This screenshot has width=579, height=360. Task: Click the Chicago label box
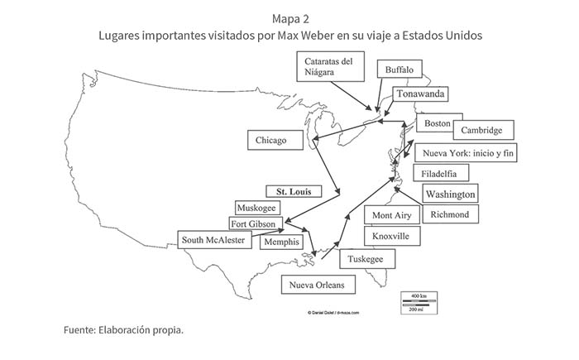[x=271, y=140]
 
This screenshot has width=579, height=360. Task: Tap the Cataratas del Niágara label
[x=329, y=66]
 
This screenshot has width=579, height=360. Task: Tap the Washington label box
[x=450, y=194]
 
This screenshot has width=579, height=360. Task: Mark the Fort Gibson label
[x=256, y=223]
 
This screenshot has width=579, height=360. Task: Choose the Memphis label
[x=281, y=242]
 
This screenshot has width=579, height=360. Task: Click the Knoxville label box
[x=390, y=236]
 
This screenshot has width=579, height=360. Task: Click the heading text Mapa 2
[x=289, y=17]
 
